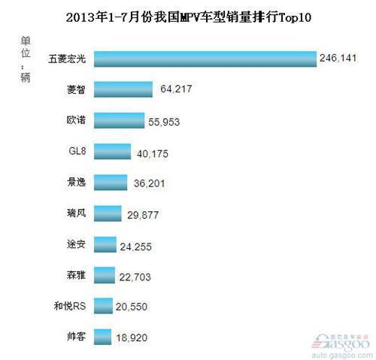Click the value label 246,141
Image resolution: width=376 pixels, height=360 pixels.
click(x=339, y=59)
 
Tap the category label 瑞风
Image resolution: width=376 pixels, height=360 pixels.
click(x=76, y=213)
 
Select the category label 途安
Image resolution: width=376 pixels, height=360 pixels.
click(x=76, y=244)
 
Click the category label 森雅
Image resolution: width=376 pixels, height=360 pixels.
click(x=76, y=275)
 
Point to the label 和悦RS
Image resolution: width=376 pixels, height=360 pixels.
click(x=70, y=306)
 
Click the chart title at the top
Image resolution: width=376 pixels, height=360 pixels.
click(x=188, y=15)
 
